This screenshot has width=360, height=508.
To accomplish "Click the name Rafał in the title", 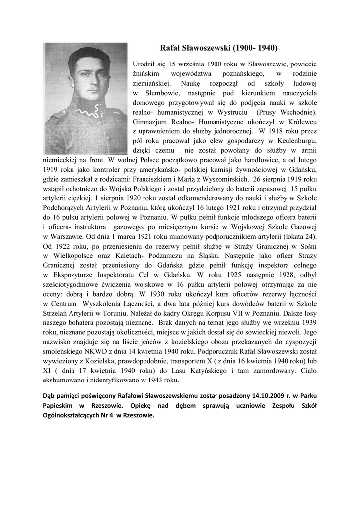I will coord(172,48).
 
